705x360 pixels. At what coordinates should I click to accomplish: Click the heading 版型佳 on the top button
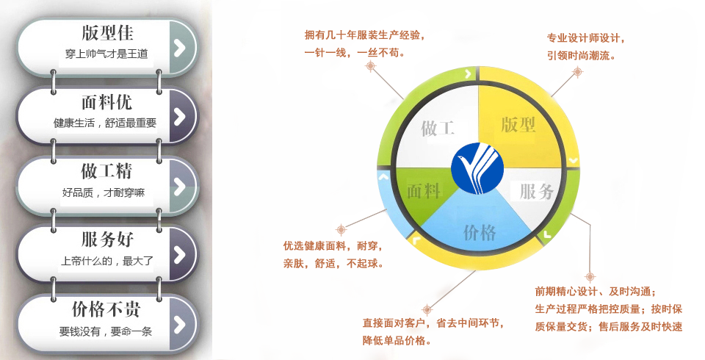coord(107,33)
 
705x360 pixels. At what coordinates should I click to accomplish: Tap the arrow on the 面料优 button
coord(180,116)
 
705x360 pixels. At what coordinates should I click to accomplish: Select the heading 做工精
coord(106,171)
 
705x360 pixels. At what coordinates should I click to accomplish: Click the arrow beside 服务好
coord(180,254)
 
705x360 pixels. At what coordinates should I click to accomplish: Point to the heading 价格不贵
coord(106,309)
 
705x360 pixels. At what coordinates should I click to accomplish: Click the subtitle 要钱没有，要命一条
coord(106,331)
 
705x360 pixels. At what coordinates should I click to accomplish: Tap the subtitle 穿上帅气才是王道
coord(106,54)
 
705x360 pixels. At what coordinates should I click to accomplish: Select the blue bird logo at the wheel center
coord(477,168)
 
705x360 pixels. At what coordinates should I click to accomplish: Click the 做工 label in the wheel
coord(438,129)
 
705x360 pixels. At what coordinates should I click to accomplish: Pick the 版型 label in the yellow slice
coord(518,125)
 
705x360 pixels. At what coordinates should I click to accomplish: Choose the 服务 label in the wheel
coord(536,191)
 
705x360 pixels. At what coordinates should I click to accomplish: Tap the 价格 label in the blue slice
coord(480,233)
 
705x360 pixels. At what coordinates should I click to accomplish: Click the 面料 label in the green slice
coord(424,191)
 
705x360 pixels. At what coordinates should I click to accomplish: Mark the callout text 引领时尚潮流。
coord(582,56)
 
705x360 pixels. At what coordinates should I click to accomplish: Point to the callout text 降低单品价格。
coord(397,341)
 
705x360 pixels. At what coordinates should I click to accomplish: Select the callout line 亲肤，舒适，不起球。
coord(333,264)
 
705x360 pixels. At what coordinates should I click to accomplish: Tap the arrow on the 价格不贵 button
coord(180,324)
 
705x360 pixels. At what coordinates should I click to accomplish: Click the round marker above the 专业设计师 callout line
coord(578,71)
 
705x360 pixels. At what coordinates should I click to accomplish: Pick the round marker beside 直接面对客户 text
coord(427,309)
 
